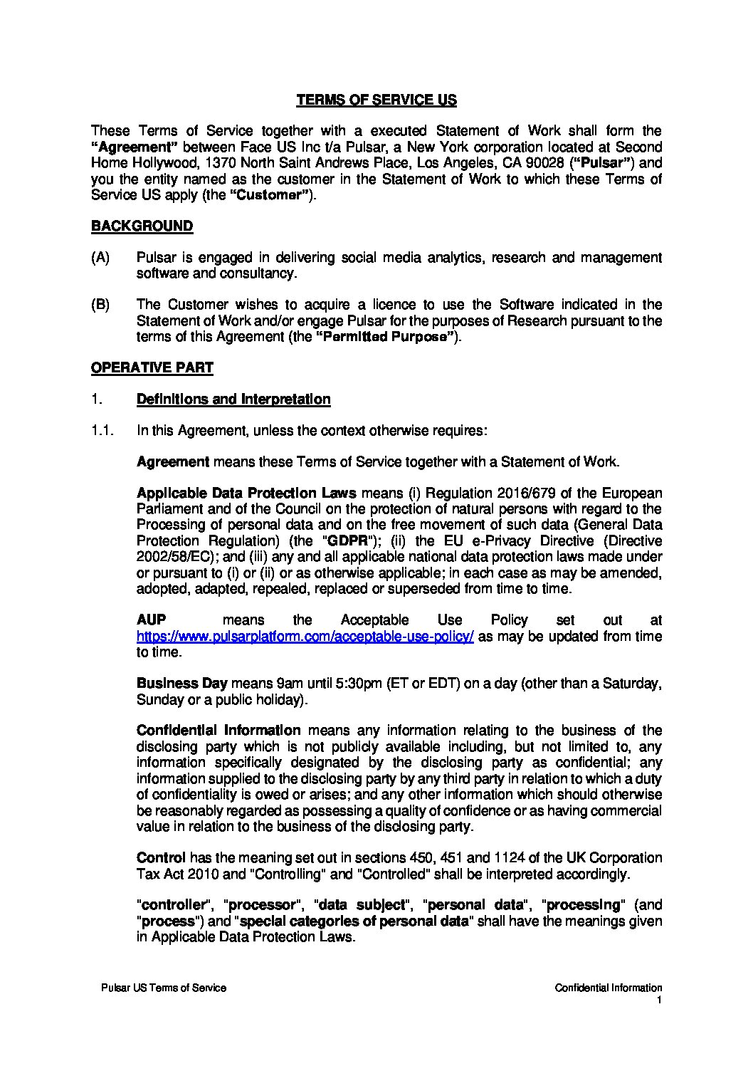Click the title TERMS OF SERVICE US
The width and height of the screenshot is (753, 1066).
(x=376, y=100)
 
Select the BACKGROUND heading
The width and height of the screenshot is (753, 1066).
(x=142, y=226)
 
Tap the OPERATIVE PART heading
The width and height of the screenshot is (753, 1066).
(x=152, y=368)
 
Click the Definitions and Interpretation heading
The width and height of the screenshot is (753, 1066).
(x=233, y=399)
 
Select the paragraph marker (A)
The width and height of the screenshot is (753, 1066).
(x=100, y=258)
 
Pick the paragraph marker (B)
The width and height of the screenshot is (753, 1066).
(x=100, y=305)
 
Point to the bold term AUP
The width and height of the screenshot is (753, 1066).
(x=151, y=620)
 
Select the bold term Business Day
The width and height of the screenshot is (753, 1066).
(x=181, y=684)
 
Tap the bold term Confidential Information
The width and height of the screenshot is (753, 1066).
(x=218, y=731)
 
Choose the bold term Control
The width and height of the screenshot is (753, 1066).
(x=161, y=858)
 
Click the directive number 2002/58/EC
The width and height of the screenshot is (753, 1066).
(x=172, y=557)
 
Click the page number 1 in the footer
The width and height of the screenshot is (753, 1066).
(x=660, y=1000)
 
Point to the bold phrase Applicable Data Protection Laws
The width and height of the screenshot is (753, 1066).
(x=247, y=493)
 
